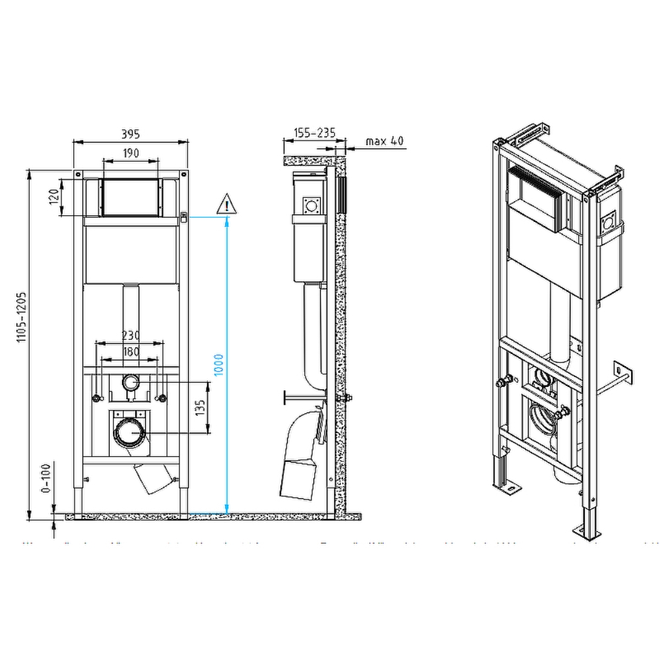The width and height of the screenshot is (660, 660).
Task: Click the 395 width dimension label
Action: point(131,135)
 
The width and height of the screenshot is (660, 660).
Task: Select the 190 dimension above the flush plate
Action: point(131,153)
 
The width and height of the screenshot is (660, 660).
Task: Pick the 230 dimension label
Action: point(131,336)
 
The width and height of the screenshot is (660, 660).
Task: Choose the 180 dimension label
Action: point(131,352)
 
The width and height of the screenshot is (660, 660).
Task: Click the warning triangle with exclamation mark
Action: point(226,205)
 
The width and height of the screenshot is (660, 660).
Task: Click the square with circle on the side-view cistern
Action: point(311,206)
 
